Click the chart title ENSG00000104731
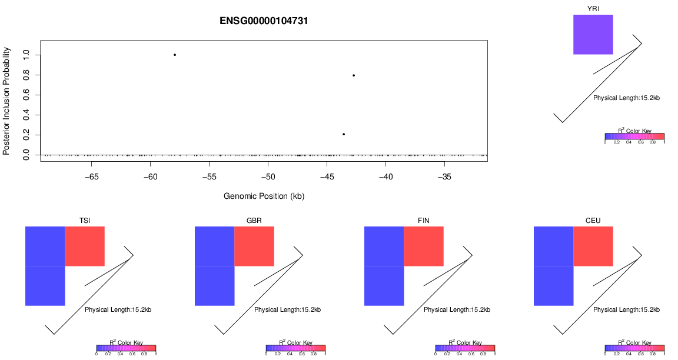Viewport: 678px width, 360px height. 264,21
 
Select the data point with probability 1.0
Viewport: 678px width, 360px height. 175,55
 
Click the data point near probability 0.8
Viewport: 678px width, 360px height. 354,75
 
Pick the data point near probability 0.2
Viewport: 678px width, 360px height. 344,134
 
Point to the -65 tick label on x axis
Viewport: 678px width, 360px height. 92,176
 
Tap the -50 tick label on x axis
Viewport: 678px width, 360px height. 268,176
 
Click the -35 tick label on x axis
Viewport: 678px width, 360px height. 445,176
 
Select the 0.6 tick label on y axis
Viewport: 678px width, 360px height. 25,95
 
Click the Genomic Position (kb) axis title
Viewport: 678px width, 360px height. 264,196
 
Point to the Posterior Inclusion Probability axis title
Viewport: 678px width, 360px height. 6,101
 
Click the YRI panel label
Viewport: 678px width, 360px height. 593,8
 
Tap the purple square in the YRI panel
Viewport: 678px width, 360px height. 593,35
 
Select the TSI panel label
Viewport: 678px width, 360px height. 85,221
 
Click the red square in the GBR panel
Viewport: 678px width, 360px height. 254,246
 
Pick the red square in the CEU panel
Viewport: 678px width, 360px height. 593,246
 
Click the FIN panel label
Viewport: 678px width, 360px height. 424,221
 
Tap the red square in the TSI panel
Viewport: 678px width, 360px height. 85,246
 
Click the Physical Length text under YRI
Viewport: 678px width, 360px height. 626,98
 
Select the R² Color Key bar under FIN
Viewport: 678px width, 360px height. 465,348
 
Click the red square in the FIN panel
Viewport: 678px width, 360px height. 424,246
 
